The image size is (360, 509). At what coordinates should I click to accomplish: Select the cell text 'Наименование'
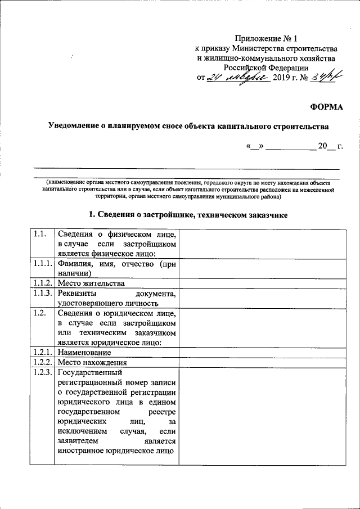point(83,353)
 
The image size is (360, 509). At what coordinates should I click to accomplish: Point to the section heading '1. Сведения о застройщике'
point(188,215)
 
